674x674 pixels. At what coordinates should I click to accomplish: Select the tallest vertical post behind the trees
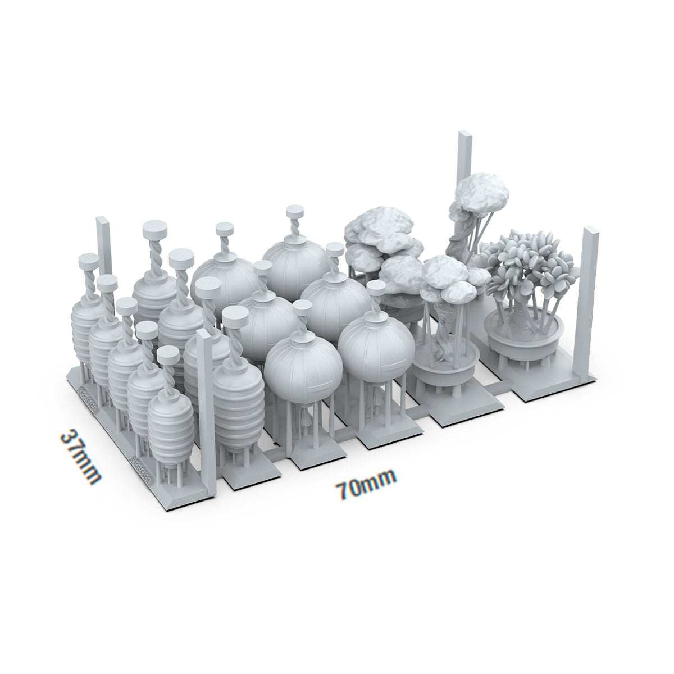pyautogui.click(x=465, y=168)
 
